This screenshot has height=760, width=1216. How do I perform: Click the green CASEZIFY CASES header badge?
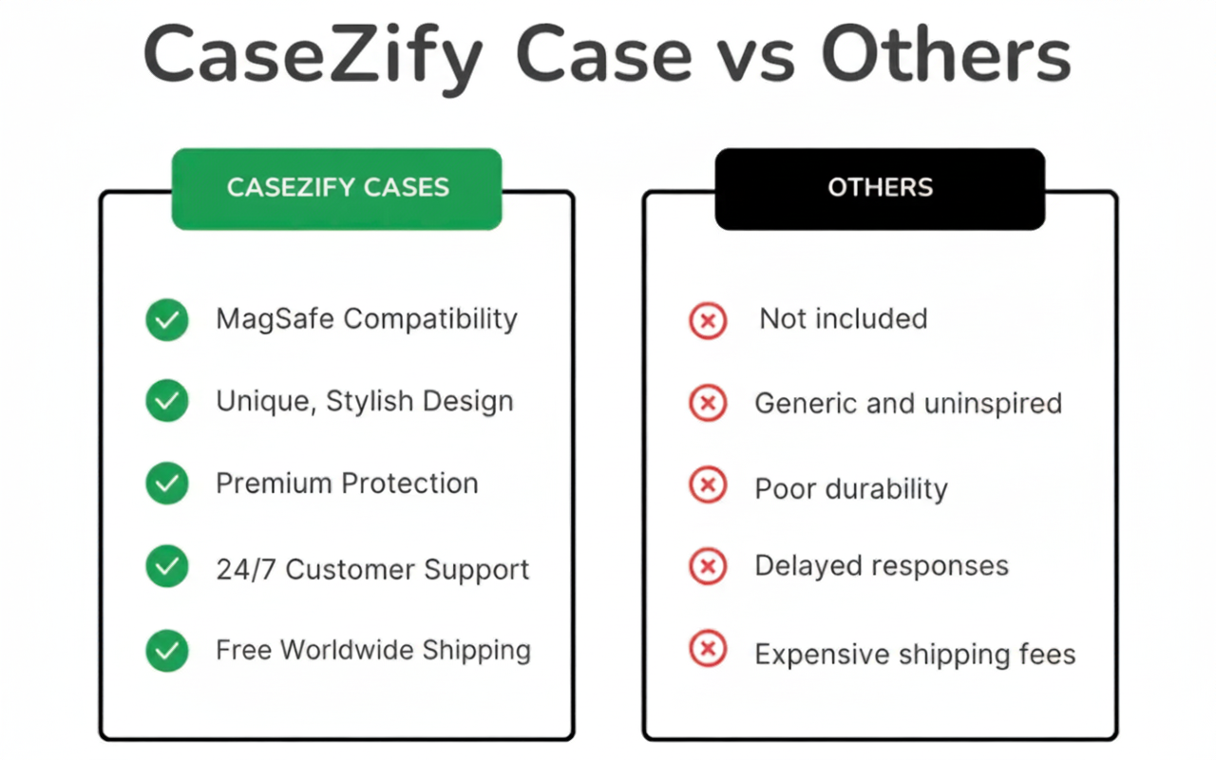(336, 189)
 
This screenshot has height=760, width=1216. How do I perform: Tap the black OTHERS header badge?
(880, 189)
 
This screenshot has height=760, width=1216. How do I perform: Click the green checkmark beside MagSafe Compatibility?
(167, 320)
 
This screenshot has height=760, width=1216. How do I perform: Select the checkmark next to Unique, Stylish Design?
(167, 401)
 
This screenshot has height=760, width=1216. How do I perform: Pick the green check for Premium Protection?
(167, 484)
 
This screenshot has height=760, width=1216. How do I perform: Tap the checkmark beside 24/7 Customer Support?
(167, 566)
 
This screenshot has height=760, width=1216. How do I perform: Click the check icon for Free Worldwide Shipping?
(167, 651)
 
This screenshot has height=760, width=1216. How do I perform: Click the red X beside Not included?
(708, 321)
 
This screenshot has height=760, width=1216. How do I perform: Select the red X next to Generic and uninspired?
(708, 403)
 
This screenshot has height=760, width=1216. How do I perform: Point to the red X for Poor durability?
(708, 484)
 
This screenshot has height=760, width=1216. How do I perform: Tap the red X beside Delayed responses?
(708, 566)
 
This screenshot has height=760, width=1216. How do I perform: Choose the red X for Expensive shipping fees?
(708, 648)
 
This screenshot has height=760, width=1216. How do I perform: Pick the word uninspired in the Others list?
(993, 405)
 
